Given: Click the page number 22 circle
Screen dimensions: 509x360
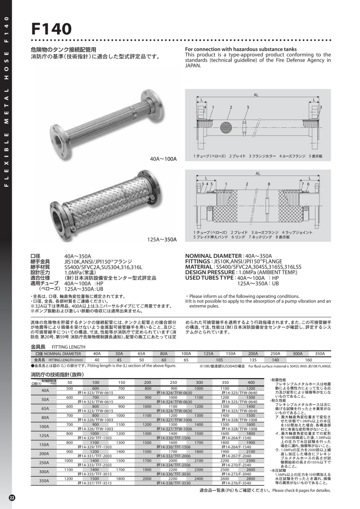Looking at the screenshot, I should point(13,497).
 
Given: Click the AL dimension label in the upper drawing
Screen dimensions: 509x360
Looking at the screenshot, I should point(256,95).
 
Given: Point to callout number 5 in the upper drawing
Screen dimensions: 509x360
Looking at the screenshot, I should point(248,107).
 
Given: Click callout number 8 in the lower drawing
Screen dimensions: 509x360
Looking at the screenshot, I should point(268,185).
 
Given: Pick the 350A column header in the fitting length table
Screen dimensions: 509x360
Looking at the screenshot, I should point(319,354).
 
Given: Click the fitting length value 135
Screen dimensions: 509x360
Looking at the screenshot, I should point(253,360).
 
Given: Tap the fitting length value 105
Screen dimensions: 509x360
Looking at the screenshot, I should point(220,360).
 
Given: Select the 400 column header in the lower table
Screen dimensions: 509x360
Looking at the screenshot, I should point(251,382).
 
